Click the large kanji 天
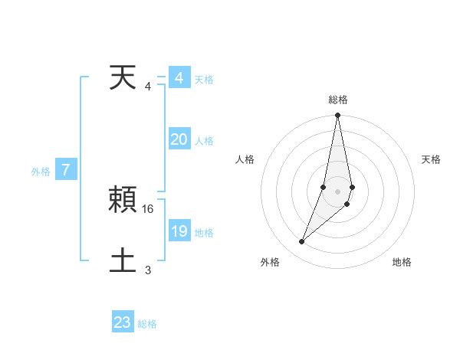(123, 77)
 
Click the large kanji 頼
(123, 201)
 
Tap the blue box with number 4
(179, 78)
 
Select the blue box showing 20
(179, 139)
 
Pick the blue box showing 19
(179, 231)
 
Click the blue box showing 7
(66, 171)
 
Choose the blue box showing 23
(123, 322)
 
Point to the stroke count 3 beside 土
(148, 270)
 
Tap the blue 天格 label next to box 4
(204, 80)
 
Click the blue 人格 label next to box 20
(204, 141)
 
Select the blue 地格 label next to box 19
(204, 233)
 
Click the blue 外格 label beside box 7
(41, 172)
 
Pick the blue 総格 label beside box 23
(148, 324)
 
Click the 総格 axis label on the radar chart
(337, 100)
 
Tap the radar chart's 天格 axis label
(432, 159)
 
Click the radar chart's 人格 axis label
(245, 159)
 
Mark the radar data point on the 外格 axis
(302, 242)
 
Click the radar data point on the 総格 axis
(337, 116)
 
